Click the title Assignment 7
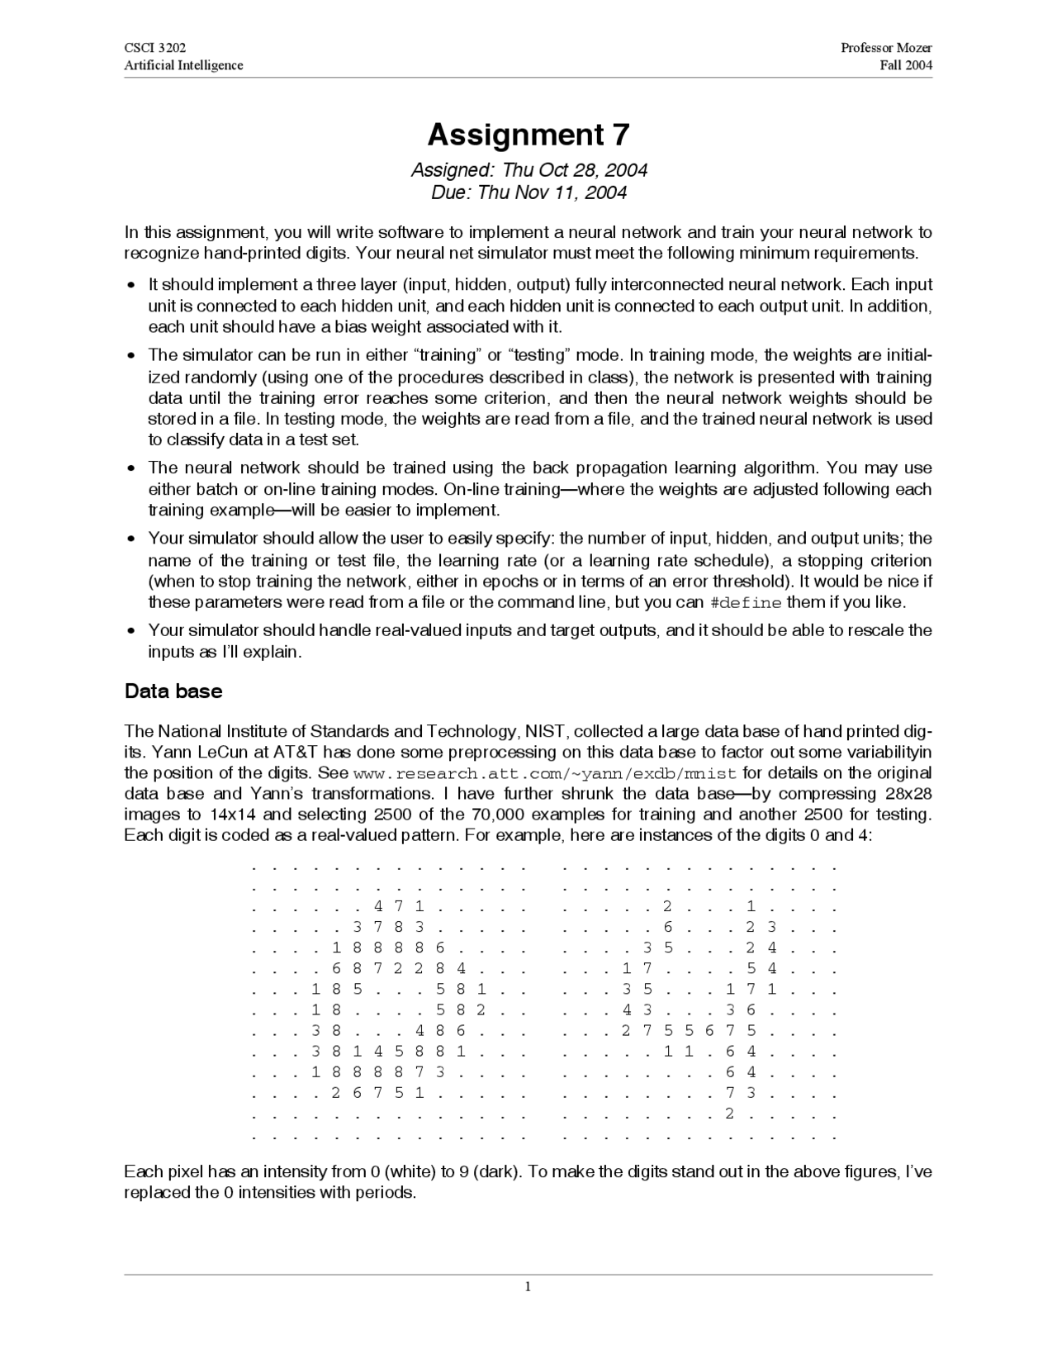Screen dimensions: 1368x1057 coord(528,135)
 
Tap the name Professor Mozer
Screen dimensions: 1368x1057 coord(886,48)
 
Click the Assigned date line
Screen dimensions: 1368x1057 coord(528,170)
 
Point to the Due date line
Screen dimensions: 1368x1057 coord(528,192)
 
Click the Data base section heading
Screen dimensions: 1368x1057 coord(173,691)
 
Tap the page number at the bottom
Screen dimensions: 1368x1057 coord(528,1286)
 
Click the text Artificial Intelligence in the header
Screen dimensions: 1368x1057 coord(183,65)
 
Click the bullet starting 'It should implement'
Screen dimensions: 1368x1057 coord(131,285)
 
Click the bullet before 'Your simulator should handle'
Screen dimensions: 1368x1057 coord(131,631)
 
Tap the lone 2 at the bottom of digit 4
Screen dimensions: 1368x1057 coord(729,1113)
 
